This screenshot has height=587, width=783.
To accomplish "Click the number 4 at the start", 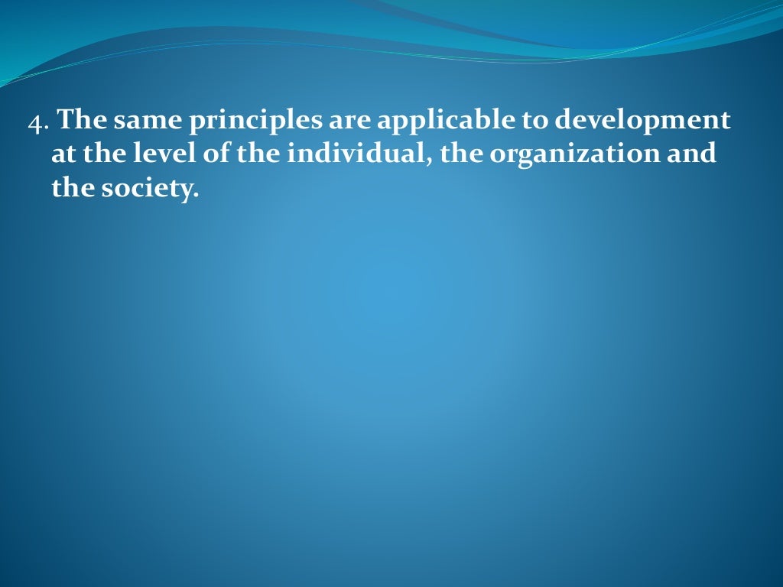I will pos(34,123).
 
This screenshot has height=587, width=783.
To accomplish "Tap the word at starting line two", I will pos(63,154).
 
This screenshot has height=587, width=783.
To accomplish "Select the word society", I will pos(149,189).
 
